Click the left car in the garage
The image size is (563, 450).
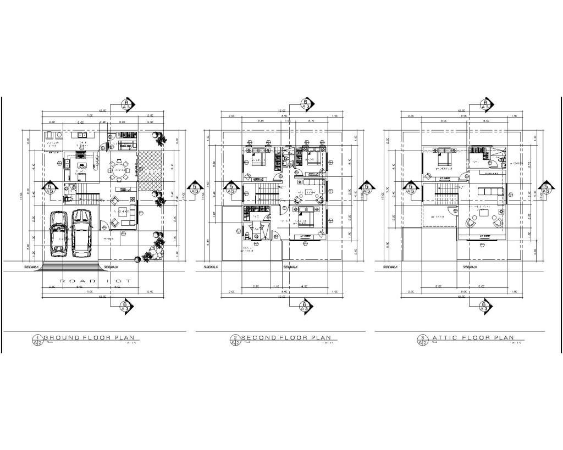tap(58, 234)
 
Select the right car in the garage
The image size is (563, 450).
tap(81, 233)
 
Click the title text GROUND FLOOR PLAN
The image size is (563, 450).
tap(89, 338)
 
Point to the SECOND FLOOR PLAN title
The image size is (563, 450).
tap(286, 338)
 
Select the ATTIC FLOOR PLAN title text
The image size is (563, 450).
tap(473, 338)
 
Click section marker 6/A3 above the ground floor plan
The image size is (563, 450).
tap(126, 104)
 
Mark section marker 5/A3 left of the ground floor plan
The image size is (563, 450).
tap(51, 188)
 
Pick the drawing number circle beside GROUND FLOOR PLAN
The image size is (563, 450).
tap(38, 340)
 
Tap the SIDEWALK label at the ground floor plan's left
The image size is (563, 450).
tap(31, 267)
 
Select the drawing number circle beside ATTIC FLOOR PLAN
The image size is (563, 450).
tap(422, 340)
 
